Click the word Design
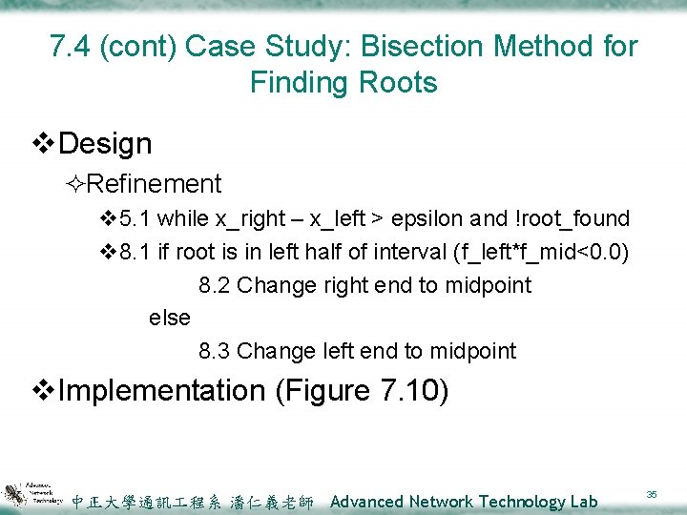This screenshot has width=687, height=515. click(105, 144)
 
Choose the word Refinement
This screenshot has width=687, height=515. click(158, 183)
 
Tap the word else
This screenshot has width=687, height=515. click(170, 318)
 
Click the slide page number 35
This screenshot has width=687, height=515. click(652, 494)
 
